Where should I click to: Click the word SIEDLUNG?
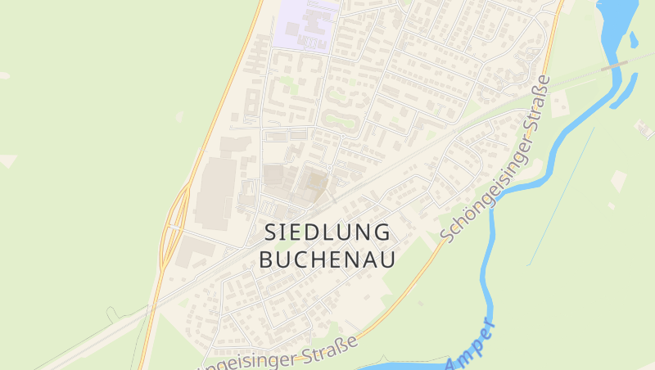point(328,232)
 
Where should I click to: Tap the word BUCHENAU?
point(328,259)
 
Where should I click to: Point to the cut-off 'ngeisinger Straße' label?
point(282,354)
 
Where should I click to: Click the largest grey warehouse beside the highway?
point(215,193)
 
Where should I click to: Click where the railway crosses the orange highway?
point(150,308)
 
